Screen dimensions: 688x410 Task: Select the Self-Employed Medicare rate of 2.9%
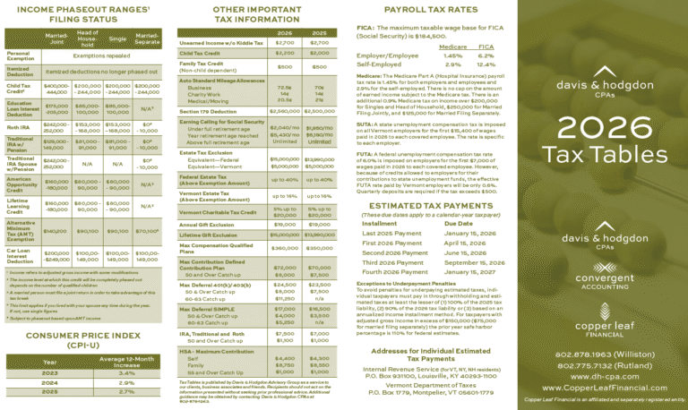click(452, 64)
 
